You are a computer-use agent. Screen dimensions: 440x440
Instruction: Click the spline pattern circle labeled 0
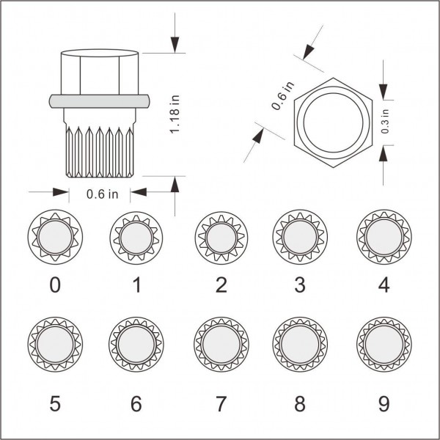tap(55, 238)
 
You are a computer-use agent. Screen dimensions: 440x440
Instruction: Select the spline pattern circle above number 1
tap(136, 238)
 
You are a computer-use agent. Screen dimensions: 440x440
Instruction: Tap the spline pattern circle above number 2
tap(221, 238)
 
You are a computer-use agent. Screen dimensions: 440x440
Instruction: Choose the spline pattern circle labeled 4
tap(382, 238)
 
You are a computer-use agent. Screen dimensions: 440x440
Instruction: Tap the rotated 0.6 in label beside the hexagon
tap(283, 96)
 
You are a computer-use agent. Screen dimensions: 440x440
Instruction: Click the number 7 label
tap(221, 403)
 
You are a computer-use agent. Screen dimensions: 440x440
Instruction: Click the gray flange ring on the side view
tap(100, 101)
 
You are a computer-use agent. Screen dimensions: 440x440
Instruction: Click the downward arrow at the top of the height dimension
tap(175, 43)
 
